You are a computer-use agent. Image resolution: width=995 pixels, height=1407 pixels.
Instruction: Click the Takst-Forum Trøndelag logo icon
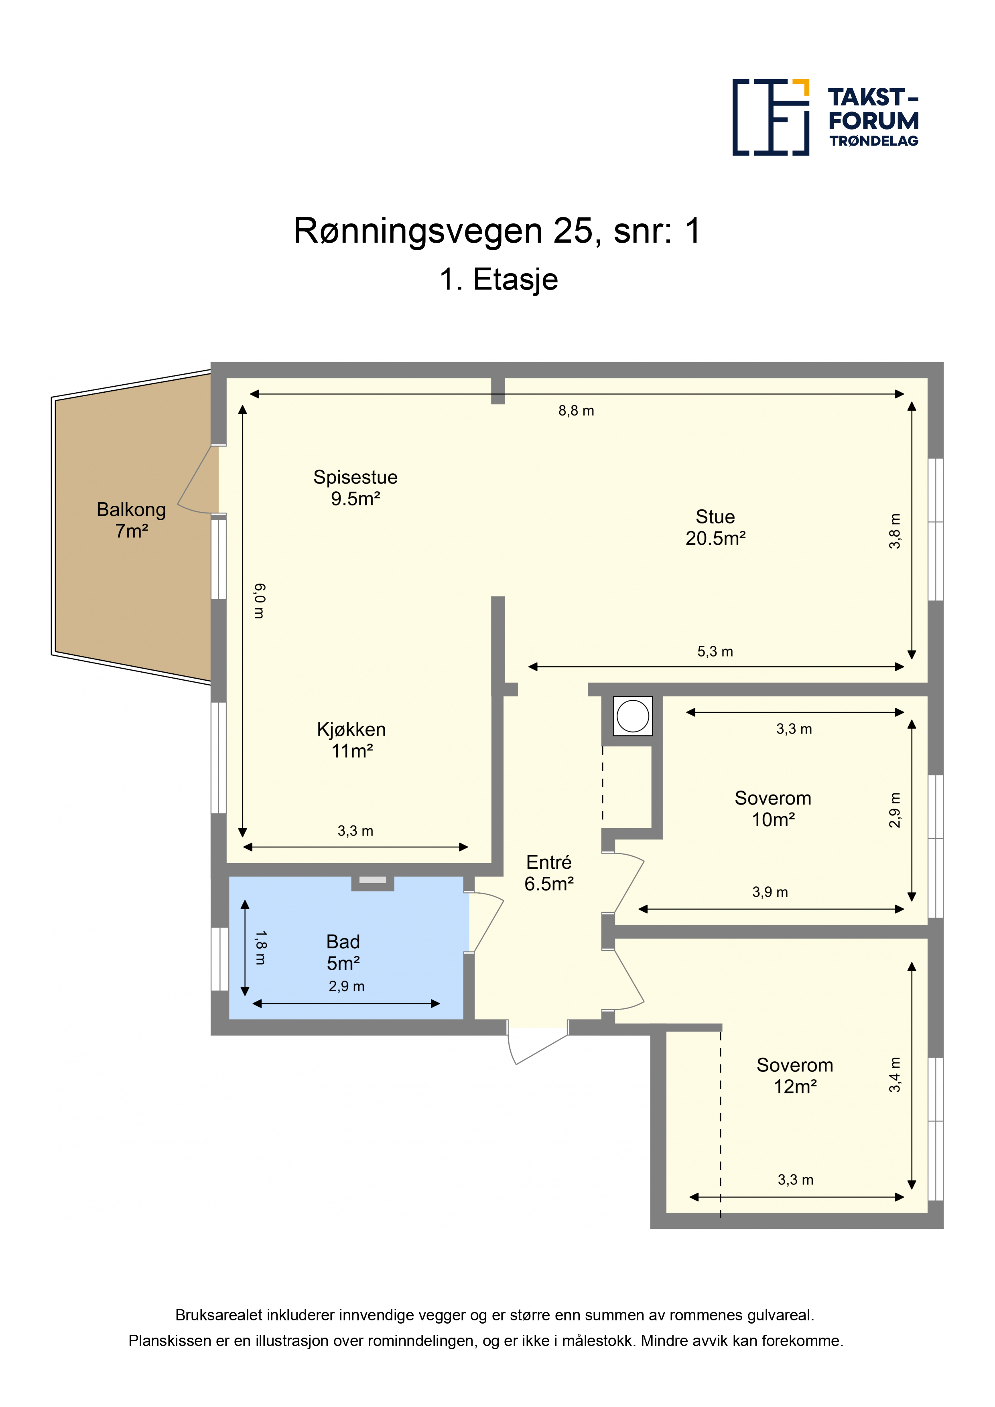tap(771, 117)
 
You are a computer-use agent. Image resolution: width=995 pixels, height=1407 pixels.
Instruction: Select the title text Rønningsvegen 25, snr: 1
tap(497, 231)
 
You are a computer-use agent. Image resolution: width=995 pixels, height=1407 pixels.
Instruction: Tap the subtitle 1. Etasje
tap(498, 280)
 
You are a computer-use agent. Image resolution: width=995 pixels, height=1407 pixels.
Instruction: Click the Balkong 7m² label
tap(131, 520)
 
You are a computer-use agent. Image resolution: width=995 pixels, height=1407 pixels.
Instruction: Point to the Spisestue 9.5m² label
tap(355, 488)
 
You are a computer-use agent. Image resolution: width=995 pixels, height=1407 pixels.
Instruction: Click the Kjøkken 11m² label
tap(351, 740)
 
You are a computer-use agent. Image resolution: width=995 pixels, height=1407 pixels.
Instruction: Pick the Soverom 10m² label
tap(773, 808)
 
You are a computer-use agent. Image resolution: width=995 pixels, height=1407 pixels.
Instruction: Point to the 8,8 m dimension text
tap(576, 411)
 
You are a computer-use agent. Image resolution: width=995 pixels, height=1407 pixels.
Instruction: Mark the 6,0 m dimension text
tap(259, 601)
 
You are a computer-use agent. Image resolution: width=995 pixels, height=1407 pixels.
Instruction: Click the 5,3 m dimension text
tap(715, 651)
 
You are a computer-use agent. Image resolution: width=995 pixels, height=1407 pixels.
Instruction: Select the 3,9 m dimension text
tap(770, 892)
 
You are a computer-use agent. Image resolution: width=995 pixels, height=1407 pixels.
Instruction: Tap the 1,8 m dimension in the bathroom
tap(260, 948)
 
